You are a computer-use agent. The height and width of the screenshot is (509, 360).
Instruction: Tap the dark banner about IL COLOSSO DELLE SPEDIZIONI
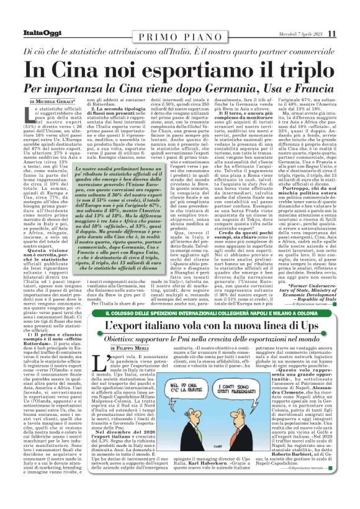pos(179,318)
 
